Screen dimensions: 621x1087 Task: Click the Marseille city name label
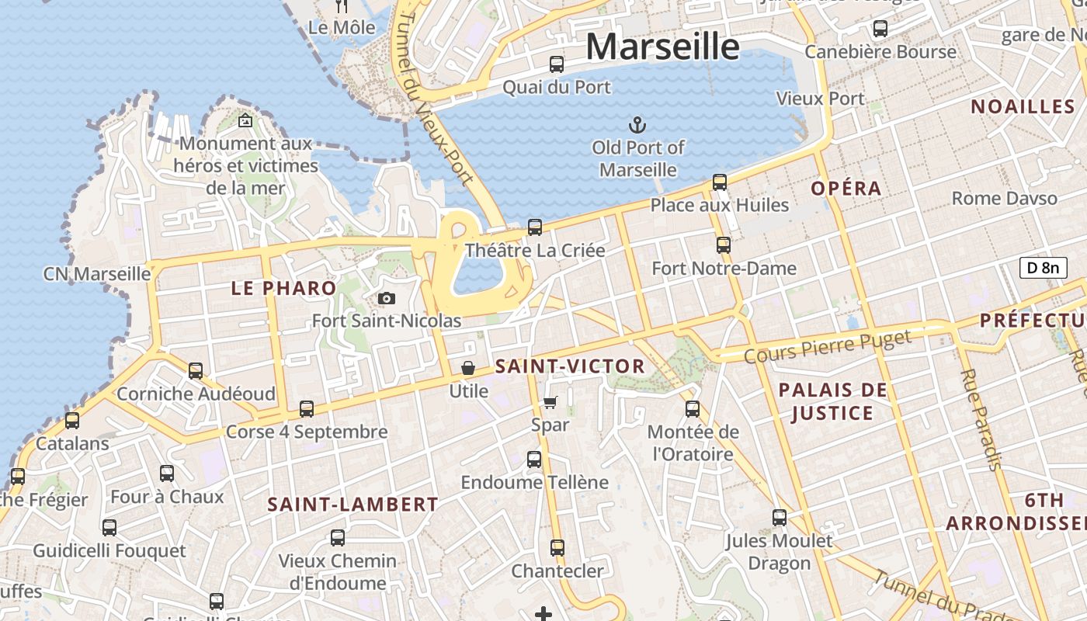[662, 47]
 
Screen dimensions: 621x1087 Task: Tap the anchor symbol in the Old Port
[637, 124]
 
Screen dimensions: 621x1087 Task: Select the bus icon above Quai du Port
[557, 64]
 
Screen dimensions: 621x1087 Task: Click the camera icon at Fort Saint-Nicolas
[386, 298]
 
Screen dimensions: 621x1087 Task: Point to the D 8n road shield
[1043, 268]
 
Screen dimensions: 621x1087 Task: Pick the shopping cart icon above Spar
[550, 402]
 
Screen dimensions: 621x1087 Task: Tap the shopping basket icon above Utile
[468, 368]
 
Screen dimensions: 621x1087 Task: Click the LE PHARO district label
[283, 289]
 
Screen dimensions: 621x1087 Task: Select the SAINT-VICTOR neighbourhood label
[570, 366]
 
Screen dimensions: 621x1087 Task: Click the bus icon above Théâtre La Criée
[535, 227]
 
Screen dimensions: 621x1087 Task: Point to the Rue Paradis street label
[981, 419]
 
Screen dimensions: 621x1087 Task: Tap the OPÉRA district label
[846, 188]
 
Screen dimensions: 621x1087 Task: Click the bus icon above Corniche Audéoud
[196, 371]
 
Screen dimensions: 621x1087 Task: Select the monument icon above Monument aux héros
[245, 120]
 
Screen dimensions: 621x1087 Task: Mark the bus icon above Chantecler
[557, 548]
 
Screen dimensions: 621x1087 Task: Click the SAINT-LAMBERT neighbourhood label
[352, 505]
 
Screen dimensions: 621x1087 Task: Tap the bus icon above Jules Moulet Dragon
[779, 518]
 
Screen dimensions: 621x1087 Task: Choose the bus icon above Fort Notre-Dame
[724, 245]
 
